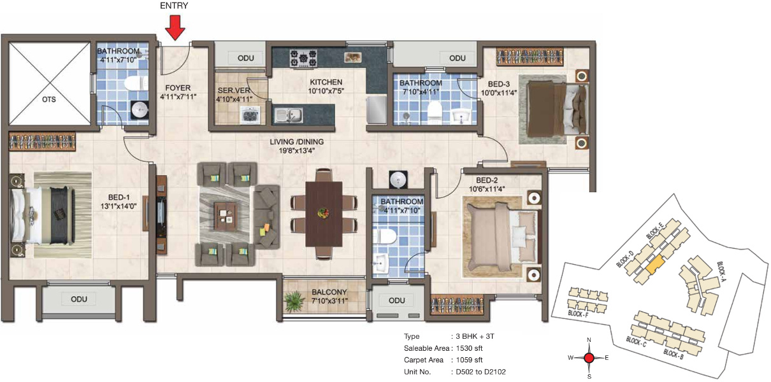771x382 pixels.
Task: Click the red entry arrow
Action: [175, 27]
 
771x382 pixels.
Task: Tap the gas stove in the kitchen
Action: [303, 58]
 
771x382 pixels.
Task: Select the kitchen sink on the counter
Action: [289, 115]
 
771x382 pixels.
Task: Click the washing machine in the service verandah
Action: [250, 115]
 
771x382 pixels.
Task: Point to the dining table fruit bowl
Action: [323, 213]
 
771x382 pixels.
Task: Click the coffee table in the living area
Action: [225, 216]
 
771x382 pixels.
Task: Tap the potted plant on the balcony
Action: [294, 301]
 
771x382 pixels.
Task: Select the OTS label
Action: [49, 99]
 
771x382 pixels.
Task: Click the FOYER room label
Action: [178, 88]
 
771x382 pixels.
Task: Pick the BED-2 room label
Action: [487, 180]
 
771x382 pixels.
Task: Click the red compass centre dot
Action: [589, 358]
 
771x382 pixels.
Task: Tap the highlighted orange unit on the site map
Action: [654, 264]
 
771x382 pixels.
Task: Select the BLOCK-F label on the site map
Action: [579, 314]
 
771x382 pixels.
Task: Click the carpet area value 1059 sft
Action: [469, 360]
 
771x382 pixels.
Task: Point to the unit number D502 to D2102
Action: [481, 372]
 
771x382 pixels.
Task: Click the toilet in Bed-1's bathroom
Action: [136, 83]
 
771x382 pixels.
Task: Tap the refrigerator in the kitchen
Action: [377, 110]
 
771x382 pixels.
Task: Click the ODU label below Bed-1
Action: [79, 299]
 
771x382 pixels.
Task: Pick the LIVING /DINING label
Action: [297, 142]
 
